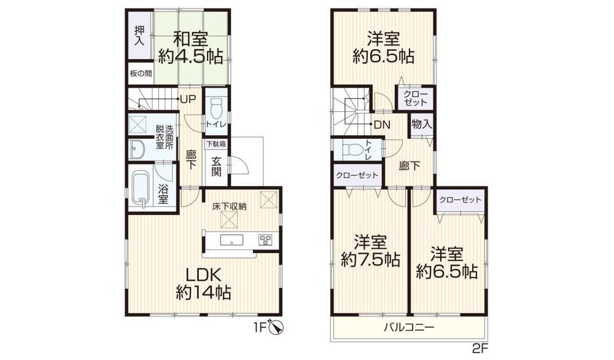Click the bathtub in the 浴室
pyautogui.click(x=140, y=188)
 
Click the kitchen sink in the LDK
pyautogui.click(x=232, y=240)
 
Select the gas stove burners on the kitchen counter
pyautogui.click(x=265, y=240)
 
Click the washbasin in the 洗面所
pyautogui.click(x=138, y=149)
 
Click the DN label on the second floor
pyautogui.click(x=382, y=125)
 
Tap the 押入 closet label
pyautogui.click(x=139, y=36)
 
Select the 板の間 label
pyautogui.click(x=141, y=73)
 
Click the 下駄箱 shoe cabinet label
pyautogui.click(x=216, y=144)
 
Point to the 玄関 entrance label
pyautogui.click(x=217, y=166)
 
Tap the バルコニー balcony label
pyautogui.click(x=409, y=327)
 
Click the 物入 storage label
pyautogui.click(x=422, y=125)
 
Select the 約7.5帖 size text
pyautogui.click(x=370, y=260)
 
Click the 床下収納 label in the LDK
pyautogui.click(x=230, y=206)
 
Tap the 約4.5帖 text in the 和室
pyautogui.click(x=191, y=57)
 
